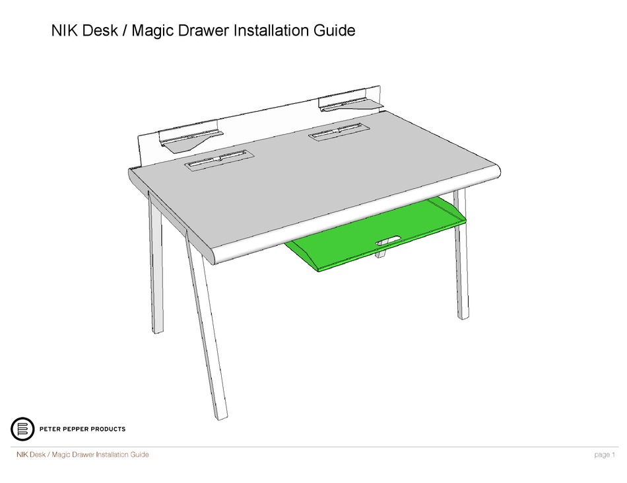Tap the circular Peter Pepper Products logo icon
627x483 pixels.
point(22,429)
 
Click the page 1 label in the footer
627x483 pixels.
point(605,455)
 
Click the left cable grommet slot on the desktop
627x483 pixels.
point(219,160)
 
